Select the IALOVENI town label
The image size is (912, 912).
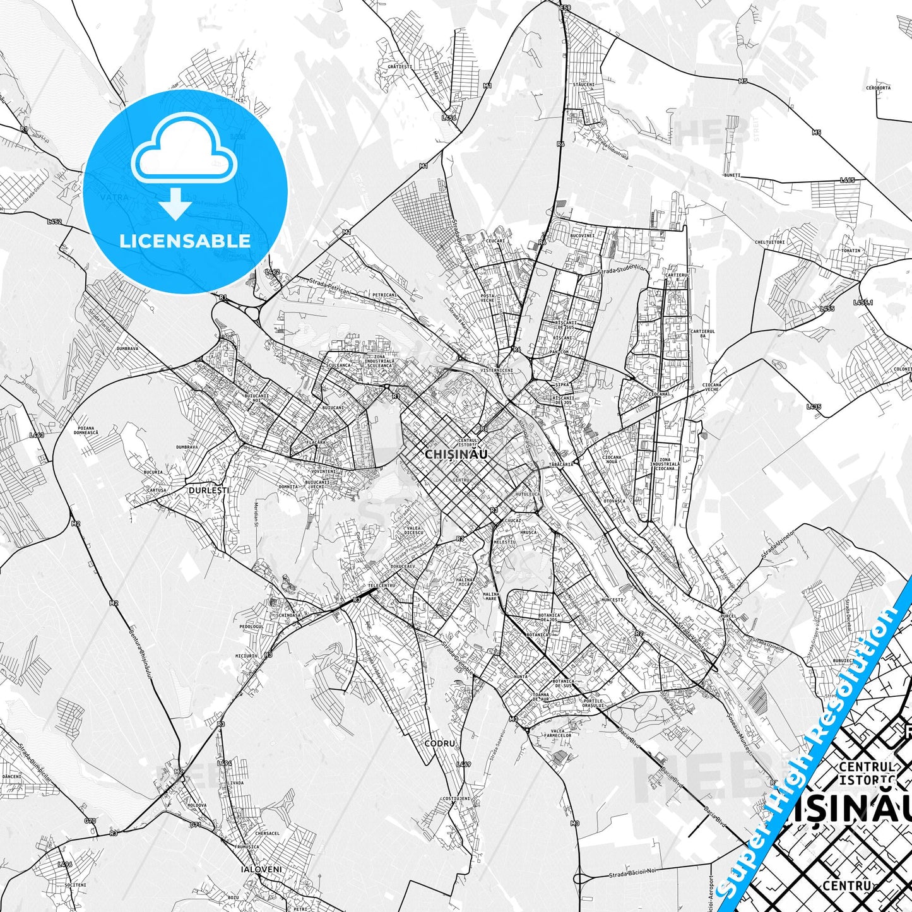261,869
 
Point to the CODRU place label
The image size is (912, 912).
439,743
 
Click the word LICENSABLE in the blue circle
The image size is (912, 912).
185,240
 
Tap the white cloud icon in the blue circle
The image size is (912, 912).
184,149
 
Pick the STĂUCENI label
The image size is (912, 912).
583,85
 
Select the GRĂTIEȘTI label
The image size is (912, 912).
400,66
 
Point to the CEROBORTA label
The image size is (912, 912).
878,88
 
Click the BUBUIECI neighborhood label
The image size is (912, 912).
843,661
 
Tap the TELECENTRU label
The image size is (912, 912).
382,585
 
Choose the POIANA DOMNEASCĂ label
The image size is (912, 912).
86,430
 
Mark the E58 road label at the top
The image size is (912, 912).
565,8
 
